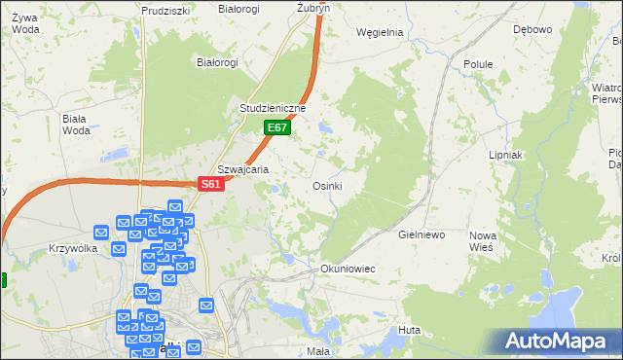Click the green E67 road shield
pyautogui.click(x=277, y=127)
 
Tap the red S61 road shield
pyautogui.click(x=212, y=184)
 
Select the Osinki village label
pyautogui.click(x=326, y=186)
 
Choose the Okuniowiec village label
pyautogui.click(x=348, y=268)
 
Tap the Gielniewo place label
pyautogui.click(x=421, y=235)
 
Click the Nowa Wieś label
pyautogui.click(x=483, y=241)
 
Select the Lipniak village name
pyautogui.click(x=506, y=155)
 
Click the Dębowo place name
pyautogui.click(x=532, y=29)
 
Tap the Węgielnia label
pyautogui.click(x=380, y=31)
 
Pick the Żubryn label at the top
pyautogui.click(x=313, y=7)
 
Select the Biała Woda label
pyautogui.click(x=75, y=125)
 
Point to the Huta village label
pyautogui.click(x=409, y=331)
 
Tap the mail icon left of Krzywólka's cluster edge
pyautogui.click(x=101, y=233)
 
